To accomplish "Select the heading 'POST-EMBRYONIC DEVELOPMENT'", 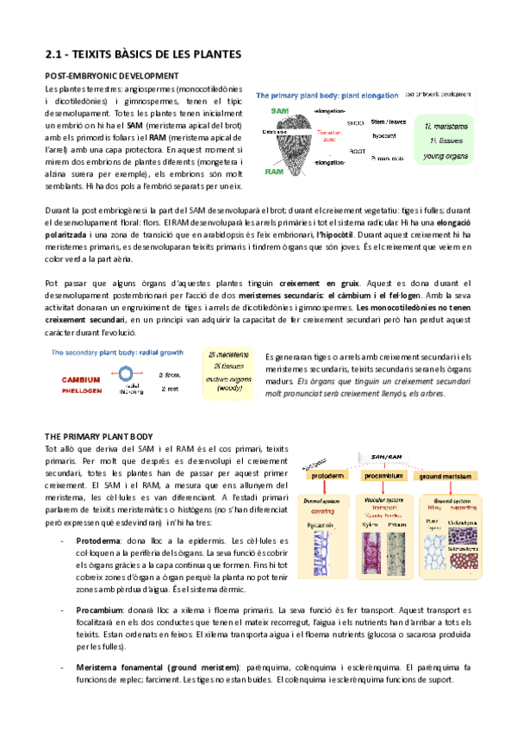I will tap(111, 76).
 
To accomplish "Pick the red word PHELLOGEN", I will tap(85, 389).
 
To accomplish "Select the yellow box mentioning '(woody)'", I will tap(226, 375).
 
